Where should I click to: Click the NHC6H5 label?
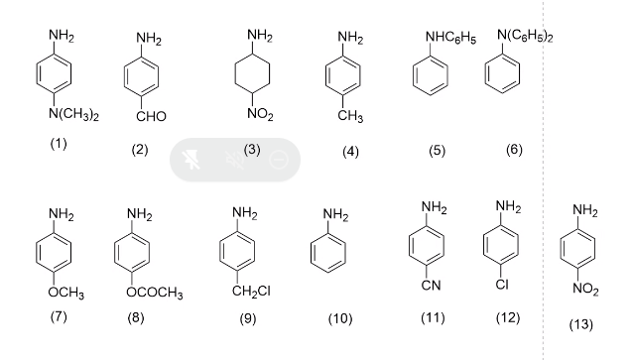(x=442, y=39)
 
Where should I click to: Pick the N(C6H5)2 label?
(x=526, y=37)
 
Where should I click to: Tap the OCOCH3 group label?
(x=147, y=294)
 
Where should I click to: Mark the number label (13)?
(x=586, y=325)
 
